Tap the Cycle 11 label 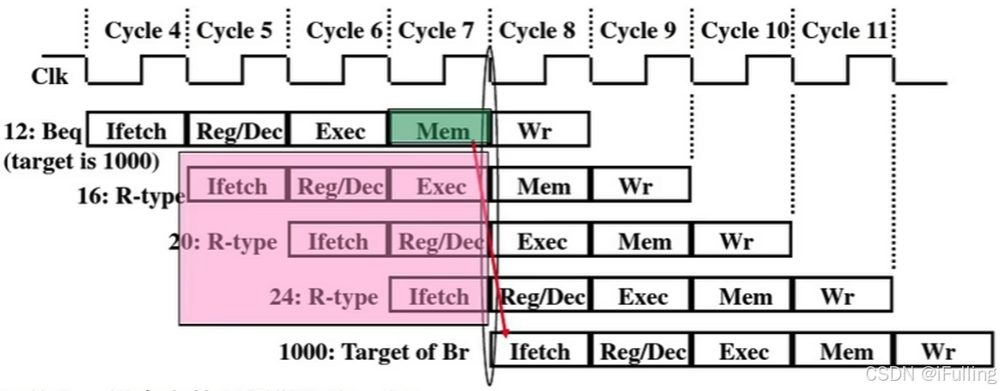point(844,31)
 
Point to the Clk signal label point(50,76)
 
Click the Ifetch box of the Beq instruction point(137,131)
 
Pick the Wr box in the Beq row point(538,131)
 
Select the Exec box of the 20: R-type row point(541,241)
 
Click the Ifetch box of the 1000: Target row point(540,351)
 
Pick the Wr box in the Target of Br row point(939,351)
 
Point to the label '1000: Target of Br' point(374,351)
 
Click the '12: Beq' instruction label point(44,132)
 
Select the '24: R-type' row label point(322,297)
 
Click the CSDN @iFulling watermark point(930,374)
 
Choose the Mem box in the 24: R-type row point(744,296)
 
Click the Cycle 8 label point(537,31)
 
